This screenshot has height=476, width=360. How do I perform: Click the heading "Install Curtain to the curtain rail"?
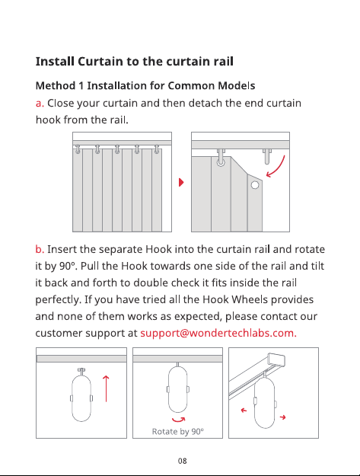pyautogui.click(x=135, y=62)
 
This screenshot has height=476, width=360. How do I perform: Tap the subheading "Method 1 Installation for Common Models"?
pyautogui.click(x=145, y=85)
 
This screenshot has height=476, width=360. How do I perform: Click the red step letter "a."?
pyautogui.click(x=40, y=104)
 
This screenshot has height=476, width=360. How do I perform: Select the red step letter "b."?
pyautogui.click(x=40, y=249)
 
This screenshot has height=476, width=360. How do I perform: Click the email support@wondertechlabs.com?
pyautogui.click(x=218, y=333)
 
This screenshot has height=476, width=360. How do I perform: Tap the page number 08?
pyautogui.click(x=182, y=461)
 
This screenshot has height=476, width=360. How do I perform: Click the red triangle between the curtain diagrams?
pyautogui.click(x=181, y=183)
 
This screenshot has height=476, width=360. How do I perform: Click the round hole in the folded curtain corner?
pyautogui.click(x=255, y=185)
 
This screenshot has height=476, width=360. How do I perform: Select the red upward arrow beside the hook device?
pyautogui.click(x=106, y=388)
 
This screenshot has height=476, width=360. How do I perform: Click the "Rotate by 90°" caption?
pyautogui.click(x=178, y=431)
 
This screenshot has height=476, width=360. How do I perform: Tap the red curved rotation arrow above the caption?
pyautogui.click(x=178, y=420)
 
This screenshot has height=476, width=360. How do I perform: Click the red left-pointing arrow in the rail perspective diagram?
pyautogui.click(x=244, y=411)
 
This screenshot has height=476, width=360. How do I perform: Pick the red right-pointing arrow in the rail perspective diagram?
pyautogui.click(x=282, y=417)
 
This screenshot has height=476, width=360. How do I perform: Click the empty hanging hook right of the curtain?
pyautogui.click(x=267, y=156)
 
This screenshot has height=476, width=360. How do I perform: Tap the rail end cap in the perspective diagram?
pyautogui.click(x=276, y=359)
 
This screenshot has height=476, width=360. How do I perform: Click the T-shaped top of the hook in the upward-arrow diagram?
pyautogui.click(x=81, y=370)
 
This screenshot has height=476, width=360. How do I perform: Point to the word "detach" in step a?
pyautogui.click(x=205, y=104)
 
